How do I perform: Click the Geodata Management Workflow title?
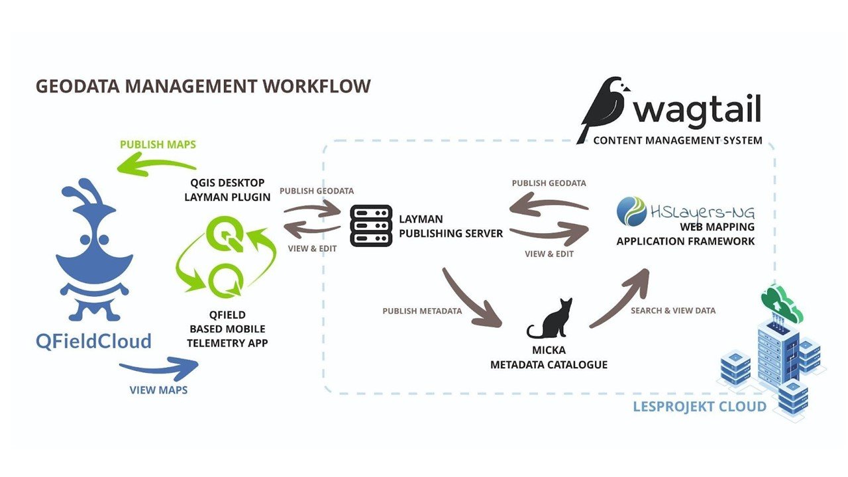tap(203, 87)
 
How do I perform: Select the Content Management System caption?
tap(678, 140)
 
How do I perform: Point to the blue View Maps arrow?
tap(159, 366)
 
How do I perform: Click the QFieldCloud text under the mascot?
tap(93, 341)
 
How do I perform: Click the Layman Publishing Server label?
tap(450, 226)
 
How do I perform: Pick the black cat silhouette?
tap(550, 320)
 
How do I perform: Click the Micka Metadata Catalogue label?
tap(549, 357)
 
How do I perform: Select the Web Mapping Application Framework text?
tap(685, 235)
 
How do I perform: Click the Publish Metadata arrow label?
tap(422, 311)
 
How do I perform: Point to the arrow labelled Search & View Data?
tap(619, 297)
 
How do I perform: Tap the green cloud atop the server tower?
tap(781, 297)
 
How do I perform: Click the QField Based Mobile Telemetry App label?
tap(228, 329)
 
